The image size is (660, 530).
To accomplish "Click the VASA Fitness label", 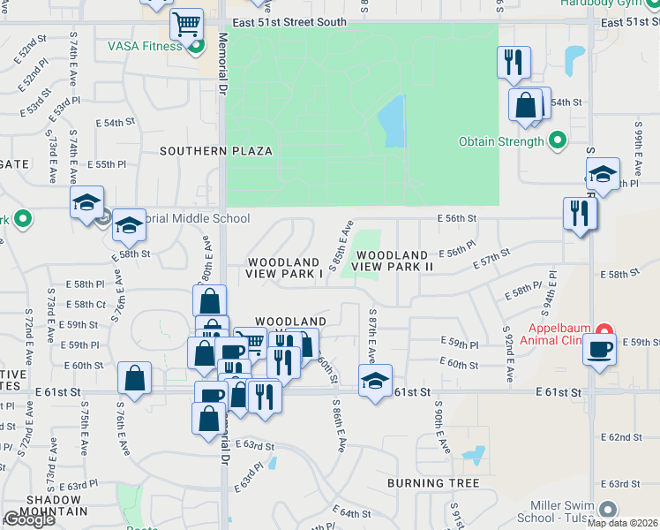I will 145,46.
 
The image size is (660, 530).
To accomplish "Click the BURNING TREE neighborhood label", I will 433,483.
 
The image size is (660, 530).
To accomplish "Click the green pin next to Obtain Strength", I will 558,140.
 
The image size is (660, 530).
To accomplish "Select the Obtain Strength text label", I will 500,141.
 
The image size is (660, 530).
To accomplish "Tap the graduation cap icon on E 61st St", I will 375,381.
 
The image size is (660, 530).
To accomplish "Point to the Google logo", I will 29,519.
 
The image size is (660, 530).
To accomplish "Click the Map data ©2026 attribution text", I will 622,523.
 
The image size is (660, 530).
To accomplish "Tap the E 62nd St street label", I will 621,437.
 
